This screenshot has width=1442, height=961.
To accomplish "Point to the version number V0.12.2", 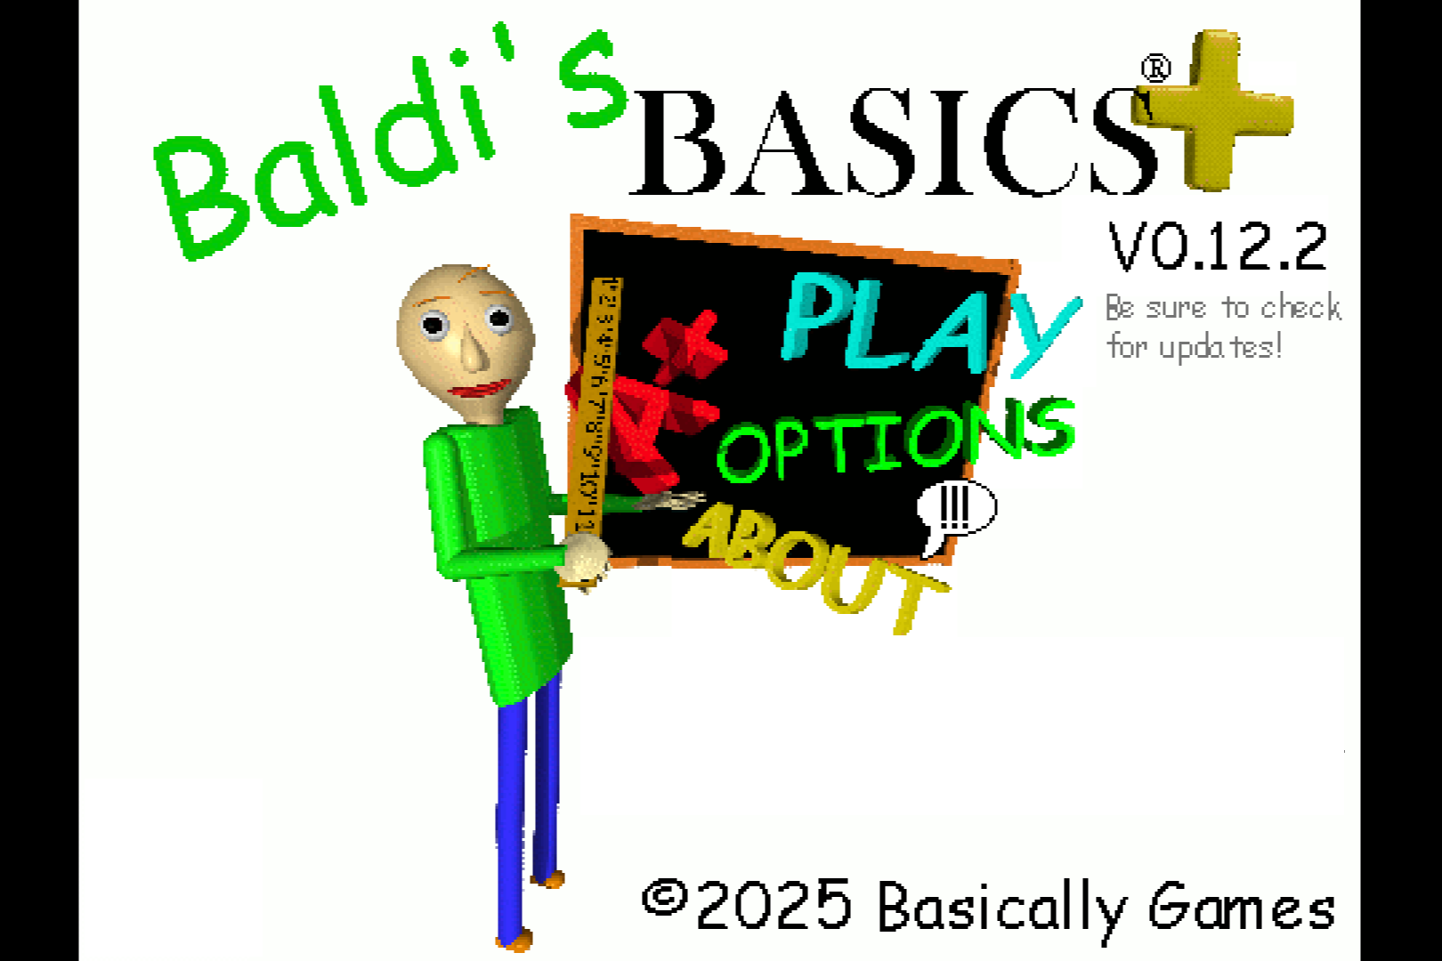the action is (1218, 246).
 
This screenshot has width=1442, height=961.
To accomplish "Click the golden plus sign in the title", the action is (1214, 109).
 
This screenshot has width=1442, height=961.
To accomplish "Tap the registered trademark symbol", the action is (1155, 69).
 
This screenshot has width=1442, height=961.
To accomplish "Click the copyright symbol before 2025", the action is (664, 897).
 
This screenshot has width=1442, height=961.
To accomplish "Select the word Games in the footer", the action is (1243, 906).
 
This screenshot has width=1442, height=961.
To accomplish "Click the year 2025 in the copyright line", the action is (774, 904).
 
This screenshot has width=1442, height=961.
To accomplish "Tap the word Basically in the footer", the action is (1001, 908).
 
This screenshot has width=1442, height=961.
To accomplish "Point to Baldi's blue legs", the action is (528, 811).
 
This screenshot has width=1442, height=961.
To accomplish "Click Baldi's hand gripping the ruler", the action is (583, 559).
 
